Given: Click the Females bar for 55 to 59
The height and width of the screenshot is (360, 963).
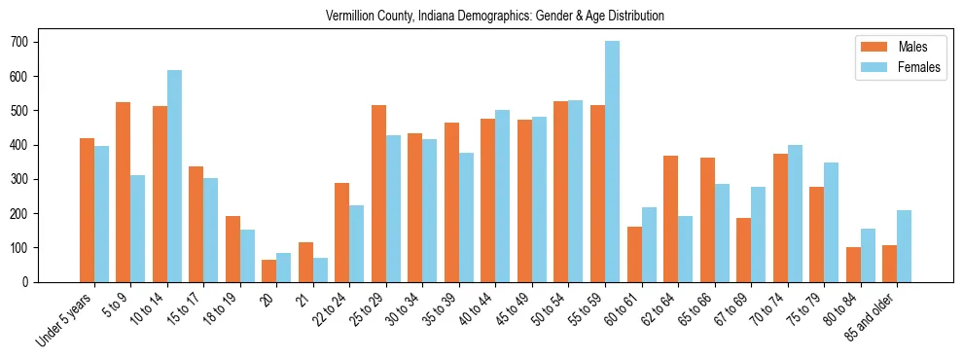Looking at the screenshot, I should [613, 162].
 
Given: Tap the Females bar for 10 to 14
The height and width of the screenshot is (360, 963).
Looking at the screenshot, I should [174, 176].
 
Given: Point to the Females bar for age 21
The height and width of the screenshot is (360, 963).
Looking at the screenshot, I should [320, 270].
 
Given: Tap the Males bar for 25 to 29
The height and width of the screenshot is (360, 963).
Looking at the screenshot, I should [379, 194].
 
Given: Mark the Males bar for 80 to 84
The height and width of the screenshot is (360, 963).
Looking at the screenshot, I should [854, 265].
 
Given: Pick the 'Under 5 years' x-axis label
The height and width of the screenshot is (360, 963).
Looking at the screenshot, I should [65, 320].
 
